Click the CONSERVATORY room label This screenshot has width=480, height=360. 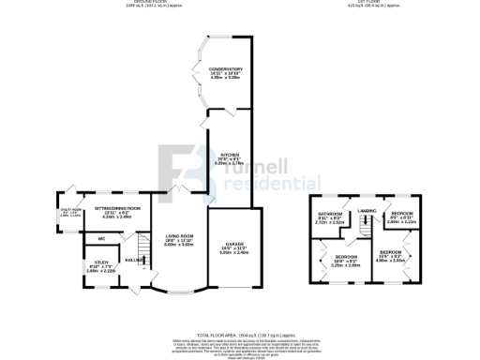coord(226,68)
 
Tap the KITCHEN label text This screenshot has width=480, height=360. coord(226,154)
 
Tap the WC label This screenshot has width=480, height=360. coord(99,239)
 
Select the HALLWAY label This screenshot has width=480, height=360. coord(134,259)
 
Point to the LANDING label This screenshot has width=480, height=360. coord(367,211)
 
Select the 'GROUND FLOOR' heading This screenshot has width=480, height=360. coord(142,3)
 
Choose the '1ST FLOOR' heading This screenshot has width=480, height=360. coord(359,3)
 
